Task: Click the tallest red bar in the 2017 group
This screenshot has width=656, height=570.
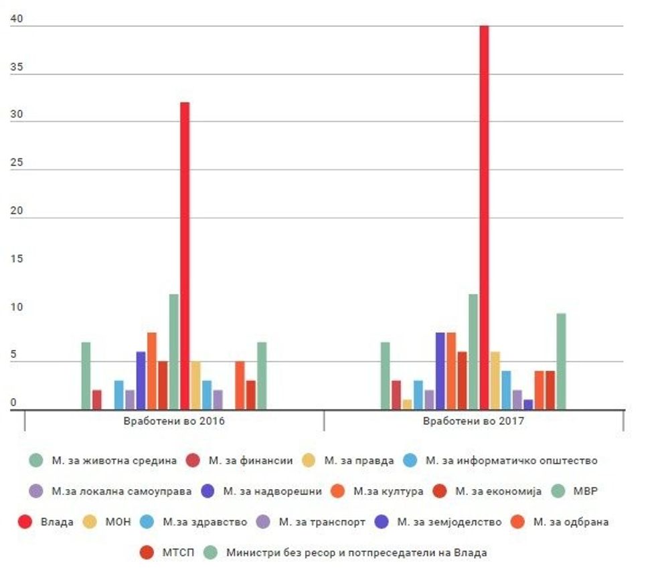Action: tap(484, 217)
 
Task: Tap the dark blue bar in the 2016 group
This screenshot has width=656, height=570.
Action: tap(141, 381)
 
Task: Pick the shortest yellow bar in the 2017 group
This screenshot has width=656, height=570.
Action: tap(407, 404)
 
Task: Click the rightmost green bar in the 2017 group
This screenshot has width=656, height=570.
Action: tap(561, 361)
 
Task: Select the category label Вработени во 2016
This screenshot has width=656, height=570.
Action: tap(174, 421)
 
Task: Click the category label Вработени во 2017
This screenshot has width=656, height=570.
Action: tap(473, 421)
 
